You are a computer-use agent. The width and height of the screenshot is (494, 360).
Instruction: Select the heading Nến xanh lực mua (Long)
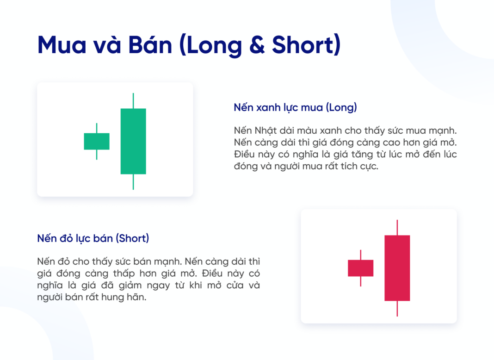[295, 108]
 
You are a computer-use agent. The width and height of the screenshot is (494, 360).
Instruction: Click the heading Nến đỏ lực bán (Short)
[93, 239]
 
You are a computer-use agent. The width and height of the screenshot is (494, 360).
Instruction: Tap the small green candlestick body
[97, 141]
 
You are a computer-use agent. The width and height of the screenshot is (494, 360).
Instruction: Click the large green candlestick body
[133, 141]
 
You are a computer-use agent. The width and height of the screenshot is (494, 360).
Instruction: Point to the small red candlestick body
[360, 268]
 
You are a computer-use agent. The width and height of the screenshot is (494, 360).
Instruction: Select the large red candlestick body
[397, 268]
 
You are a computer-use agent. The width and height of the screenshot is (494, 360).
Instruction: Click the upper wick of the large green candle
[133, 101]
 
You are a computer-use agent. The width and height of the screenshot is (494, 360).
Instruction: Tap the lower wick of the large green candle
[133, 182]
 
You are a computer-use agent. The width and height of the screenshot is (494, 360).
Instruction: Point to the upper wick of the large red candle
[397, 228]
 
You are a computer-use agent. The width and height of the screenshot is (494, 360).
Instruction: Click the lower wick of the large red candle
[397, 309]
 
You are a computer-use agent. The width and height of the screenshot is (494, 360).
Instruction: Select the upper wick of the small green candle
[97, 128]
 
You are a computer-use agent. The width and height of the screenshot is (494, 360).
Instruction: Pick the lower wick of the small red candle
[360, 281]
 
